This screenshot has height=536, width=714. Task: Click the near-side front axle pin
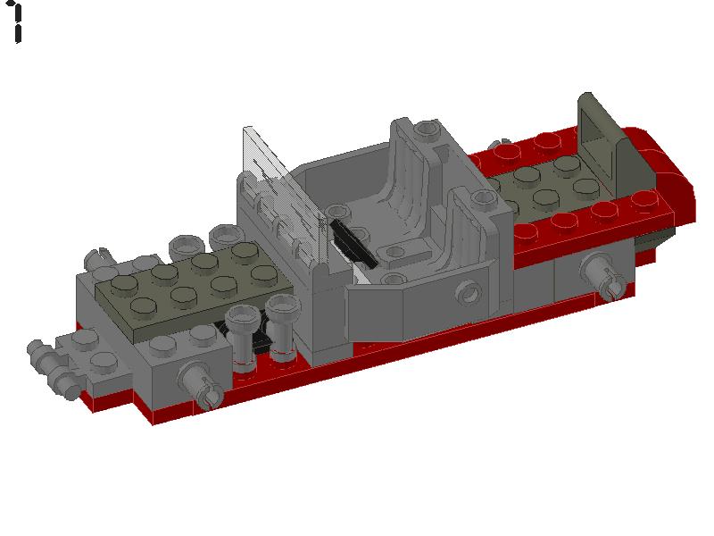pyautogui.click(x=201, y=384)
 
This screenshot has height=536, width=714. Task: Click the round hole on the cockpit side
pyautogui.click(x=465, y=291)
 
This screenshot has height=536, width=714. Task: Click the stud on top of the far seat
pyautogui.click(x=426, y=132)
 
